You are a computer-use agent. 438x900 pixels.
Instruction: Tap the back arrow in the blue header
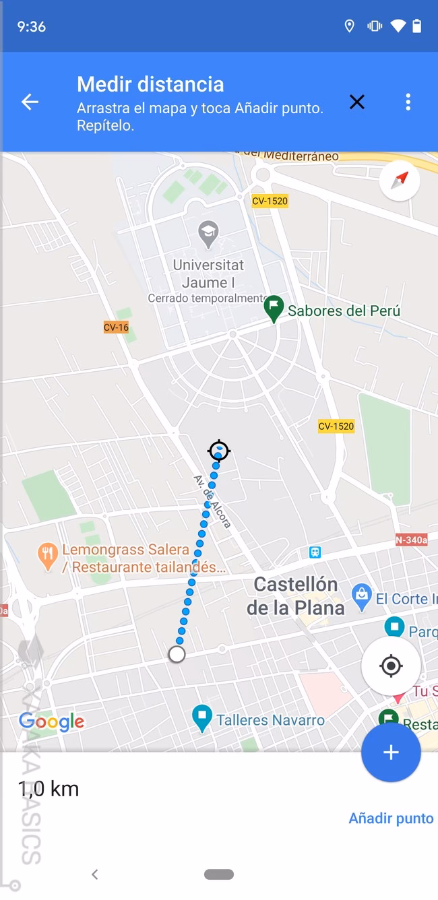[x=30, y=102]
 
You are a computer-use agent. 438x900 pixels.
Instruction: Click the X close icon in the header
[x=356, y=102]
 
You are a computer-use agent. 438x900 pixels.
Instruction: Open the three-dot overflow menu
[x=408, y=102]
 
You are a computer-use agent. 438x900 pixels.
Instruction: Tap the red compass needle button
[x=400, y=180]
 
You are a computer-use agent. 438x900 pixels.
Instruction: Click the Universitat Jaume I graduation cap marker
[x=208, y=234]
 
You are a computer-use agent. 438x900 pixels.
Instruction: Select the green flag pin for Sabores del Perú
[x=273, y=308]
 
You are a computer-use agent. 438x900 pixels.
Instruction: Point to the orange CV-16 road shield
[x=116, y=327]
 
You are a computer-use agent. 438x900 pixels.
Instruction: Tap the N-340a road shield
[x=411, y=540]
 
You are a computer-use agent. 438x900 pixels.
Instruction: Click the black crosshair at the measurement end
[x=219, y=451]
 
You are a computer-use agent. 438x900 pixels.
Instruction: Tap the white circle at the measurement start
[x=177, y=654]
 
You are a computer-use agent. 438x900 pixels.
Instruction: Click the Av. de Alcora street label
[x=212, y=501]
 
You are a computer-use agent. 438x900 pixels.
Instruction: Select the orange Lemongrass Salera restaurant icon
[x=47, y=556]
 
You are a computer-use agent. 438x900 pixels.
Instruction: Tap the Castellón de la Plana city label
[x=295, y=596]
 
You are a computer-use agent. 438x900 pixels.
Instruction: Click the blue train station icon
[x=315, y=552]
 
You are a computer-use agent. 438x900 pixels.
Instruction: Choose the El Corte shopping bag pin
[x=362, y=595]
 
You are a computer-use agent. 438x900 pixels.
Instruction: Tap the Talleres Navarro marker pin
[x=201, y=717]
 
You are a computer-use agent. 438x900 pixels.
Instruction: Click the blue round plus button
[x=391, y=752]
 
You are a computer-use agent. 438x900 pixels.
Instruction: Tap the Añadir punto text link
[x=391, y=818]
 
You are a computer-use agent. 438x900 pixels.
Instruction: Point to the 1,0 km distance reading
[x=49, y=789]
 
